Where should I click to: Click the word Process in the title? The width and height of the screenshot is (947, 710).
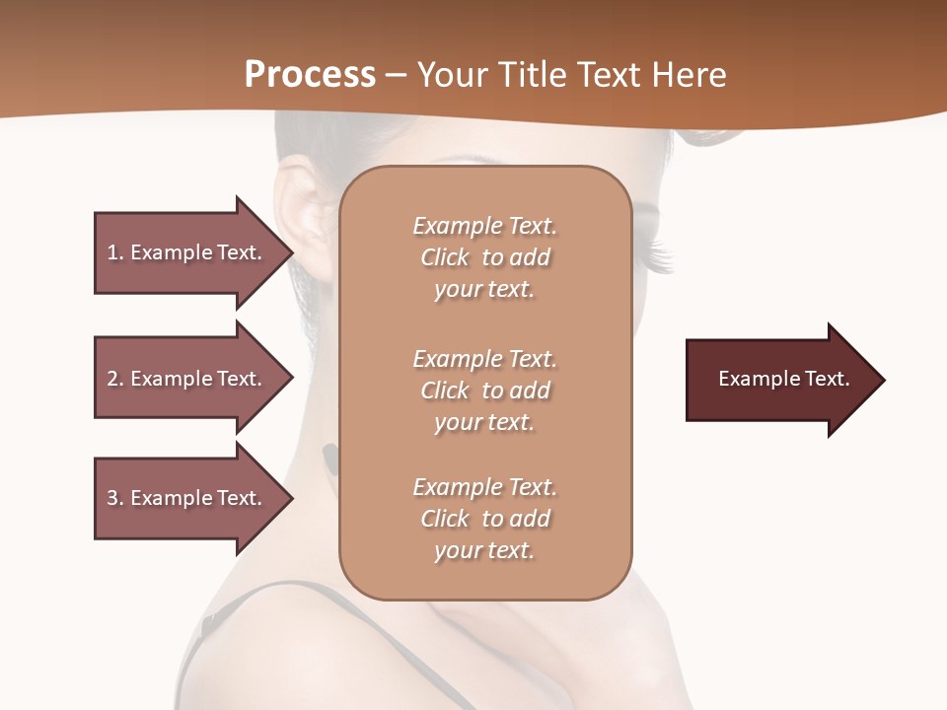[310, 75]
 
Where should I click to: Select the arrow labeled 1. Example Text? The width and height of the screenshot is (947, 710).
[187, 252]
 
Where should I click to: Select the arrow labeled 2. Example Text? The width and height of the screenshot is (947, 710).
[187, 379]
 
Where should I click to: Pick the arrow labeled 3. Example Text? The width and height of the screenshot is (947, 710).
[187, 498]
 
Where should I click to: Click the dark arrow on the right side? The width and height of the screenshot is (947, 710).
[779, 380]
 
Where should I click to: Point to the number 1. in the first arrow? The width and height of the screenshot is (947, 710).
[114, 252]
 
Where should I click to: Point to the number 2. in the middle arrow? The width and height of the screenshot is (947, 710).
[114, 379]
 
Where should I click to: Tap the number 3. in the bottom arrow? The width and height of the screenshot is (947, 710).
[114, 498]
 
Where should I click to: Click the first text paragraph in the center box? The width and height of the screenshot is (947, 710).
[484, 257]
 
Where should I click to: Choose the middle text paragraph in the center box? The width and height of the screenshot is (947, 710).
[484, 390]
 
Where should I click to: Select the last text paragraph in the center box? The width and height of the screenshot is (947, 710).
[484, 519]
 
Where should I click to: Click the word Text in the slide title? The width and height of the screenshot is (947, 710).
[610, 75]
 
